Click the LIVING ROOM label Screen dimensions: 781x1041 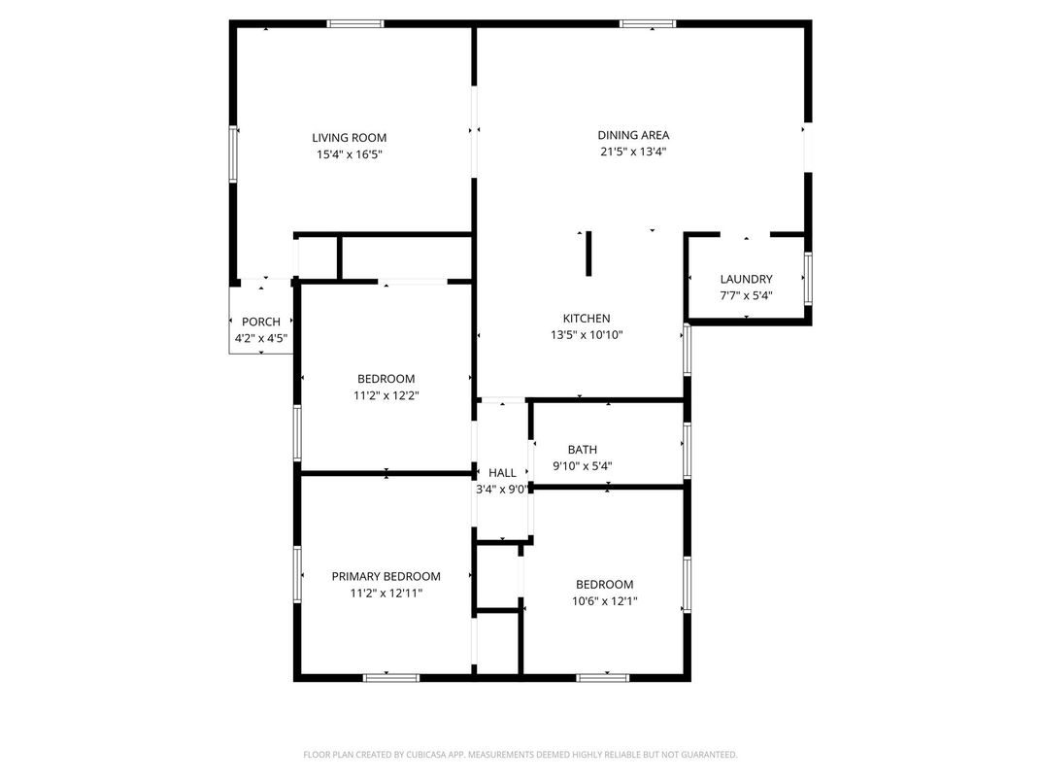[349, 138]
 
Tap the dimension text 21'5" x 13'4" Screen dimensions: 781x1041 [633, 152]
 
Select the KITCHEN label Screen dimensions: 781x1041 [587, 319]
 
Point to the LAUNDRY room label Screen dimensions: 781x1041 [746, 279]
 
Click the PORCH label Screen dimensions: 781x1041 [260, 322]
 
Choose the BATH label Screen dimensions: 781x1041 [582, 450]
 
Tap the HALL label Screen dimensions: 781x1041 [502, 473]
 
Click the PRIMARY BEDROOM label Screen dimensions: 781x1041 [386, 576]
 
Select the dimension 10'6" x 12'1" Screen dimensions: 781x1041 [604, 601]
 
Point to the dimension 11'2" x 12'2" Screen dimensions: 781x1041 [386, 395]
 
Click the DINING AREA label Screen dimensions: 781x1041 [633, 135]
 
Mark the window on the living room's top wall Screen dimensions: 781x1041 [355, 23]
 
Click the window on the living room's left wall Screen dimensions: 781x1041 [233, 153]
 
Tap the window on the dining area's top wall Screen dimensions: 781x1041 [648, 23]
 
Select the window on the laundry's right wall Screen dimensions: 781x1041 [808, 279]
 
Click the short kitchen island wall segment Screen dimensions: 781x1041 [588, 255]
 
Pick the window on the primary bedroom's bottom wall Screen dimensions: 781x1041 [391, 677]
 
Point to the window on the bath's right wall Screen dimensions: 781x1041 [687, 450]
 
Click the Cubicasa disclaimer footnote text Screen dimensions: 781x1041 [520, 755]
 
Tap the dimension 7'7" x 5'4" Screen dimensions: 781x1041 [746, 295]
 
